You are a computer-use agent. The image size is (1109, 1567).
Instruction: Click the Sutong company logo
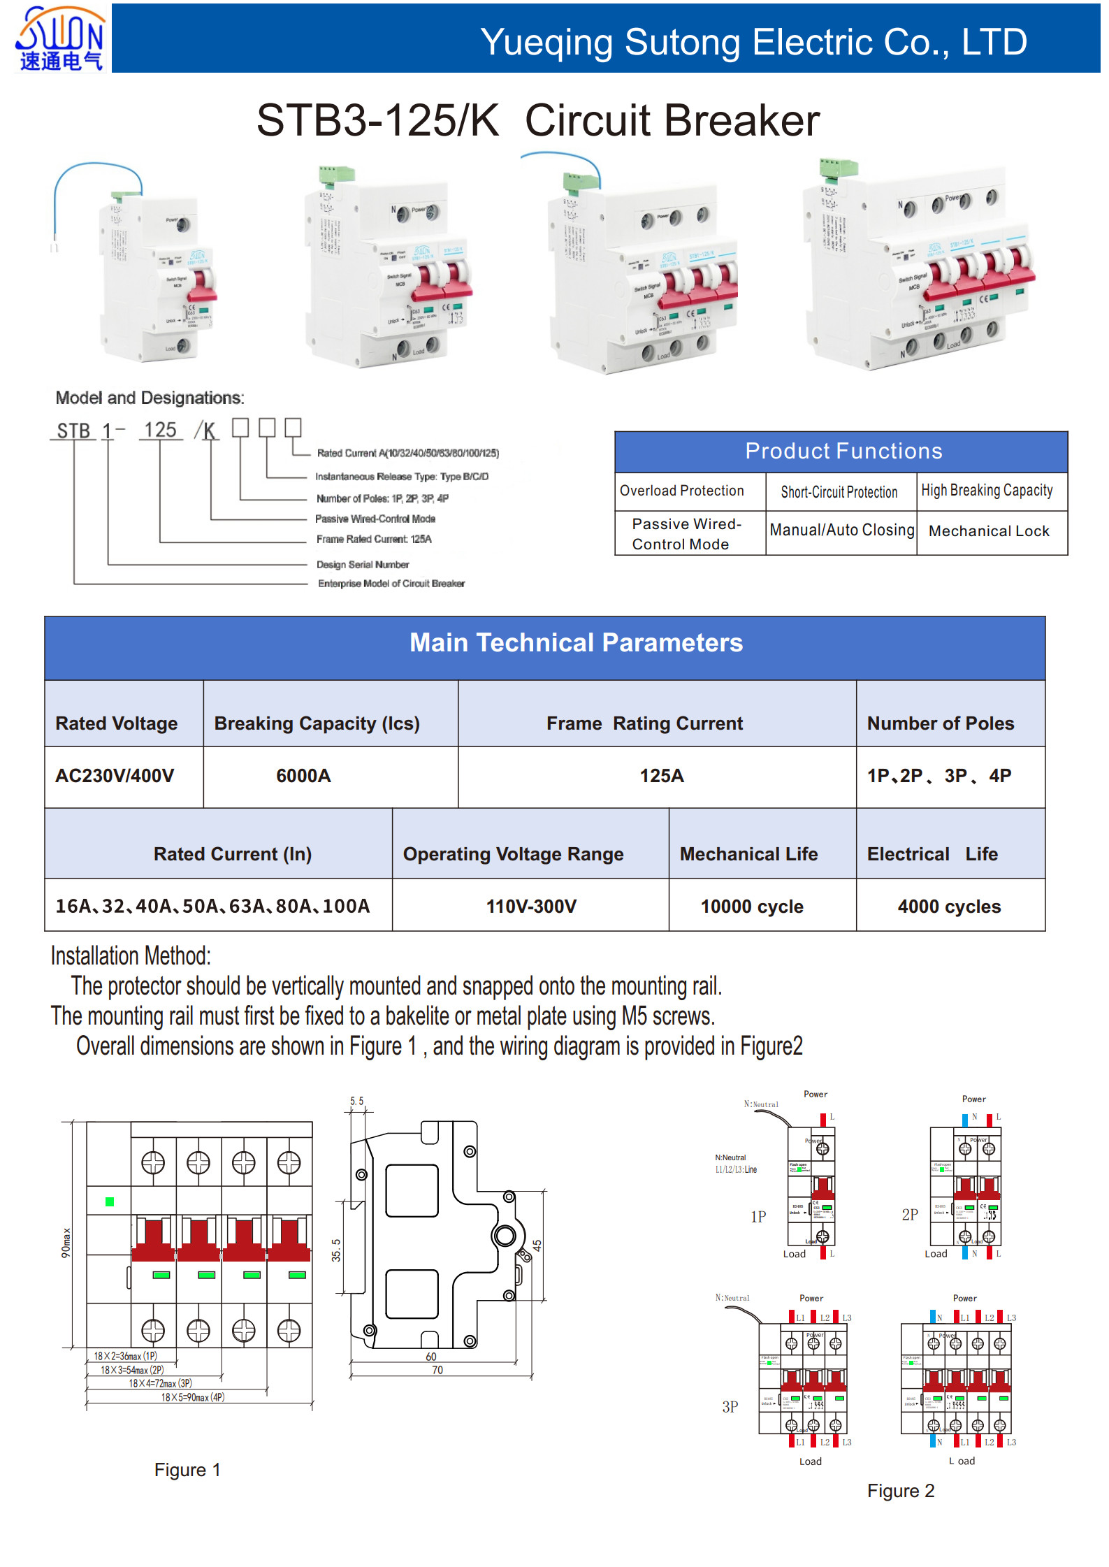point(60,38)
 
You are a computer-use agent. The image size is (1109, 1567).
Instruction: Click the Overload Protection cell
point(681,491)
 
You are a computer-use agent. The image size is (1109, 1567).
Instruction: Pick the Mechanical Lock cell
point(988,531)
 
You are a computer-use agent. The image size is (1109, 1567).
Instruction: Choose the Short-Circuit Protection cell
point(839,492)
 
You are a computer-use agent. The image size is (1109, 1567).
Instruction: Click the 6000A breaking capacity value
point(303,775)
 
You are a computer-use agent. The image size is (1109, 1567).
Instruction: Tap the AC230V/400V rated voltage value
point(115,775)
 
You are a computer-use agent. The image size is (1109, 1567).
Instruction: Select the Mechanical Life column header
point(748,853)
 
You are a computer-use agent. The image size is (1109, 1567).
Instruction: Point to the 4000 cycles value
point(949,907)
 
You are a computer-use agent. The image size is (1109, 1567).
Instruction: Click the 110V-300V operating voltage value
point(531,907)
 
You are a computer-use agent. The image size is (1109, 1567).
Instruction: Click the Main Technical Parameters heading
point(576,642)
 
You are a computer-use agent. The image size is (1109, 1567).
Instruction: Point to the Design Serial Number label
point(363,564)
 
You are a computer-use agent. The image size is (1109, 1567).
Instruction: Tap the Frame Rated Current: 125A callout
point(374,539)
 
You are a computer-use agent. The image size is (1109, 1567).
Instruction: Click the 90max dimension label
point(66,1243)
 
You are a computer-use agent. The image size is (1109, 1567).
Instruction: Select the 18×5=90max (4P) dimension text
point(193,1397)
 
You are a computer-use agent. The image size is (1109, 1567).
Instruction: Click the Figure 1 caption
point(187,1470)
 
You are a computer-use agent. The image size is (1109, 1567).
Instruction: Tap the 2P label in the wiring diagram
point(910,1215)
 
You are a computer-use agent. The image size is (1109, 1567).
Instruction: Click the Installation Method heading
point(131,955)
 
